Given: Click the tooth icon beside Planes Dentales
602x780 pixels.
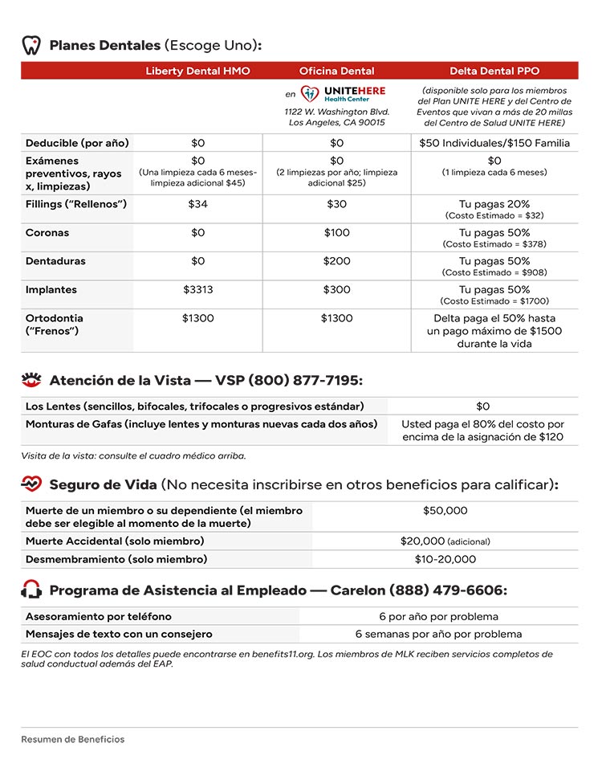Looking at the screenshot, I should point(31,45).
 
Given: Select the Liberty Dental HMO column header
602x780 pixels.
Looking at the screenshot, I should point(197,71).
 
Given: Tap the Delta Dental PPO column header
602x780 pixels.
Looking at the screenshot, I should point(494,71).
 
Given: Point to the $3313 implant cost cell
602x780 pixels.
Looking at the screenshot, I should point(197,290).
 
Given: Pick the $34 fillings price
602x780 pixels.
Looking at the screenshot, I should point(197,204).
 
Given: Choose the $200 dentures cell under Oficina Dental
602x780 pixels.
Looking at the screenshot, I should point(336,261).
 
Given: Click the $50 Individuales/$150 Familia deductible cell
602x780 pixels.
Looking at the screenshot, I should point(494,143).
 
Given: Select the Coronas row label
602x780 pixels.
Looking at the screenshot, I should point(47,233).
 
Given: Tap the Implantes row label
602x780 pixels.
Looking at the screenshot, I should point(51,290).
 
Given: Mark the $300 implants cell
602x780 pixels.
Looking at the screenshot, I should point(336,290).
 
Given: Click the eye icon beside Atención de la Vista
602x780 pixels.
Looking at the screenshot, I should point(31,380).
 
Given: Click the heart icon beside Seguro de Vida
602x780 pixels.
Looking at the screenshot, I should point(31,484).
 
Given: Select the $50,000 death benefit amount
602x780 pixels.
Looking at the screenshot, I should point(445,511).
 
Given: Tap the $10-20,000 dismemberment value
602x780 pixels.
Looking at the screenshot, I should point(445,559).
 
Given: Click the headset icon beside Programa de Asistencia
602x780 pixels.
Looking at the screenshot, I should point(31,590).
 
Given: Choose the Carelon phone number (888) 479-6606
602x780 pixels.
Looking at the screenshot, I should point(447,590).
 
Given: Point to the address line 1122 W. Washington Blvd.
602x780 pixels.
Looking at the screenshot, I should point(336,112).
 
